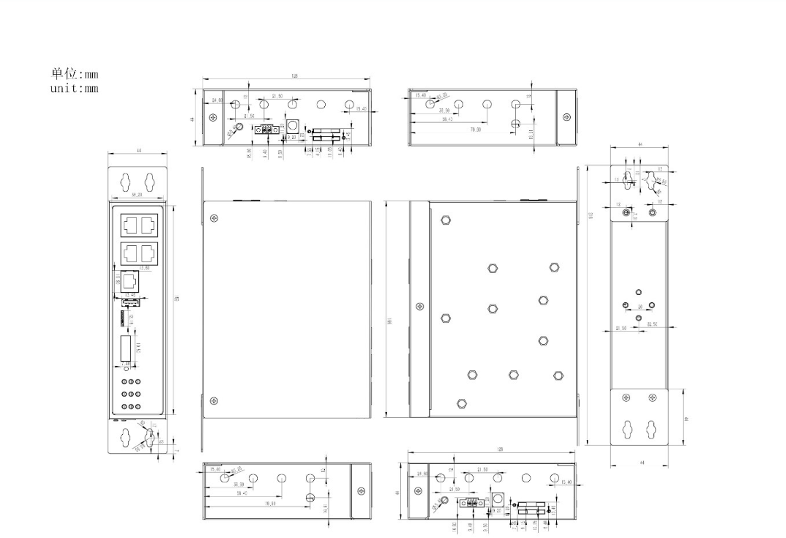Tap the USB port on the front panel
point(130,302)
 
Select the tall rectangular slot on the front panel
point(125,348)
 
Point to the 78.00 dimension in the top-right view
point(475,129)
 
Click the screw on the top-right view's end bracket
point(566,117)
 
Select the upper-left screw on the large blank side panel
point(214,217)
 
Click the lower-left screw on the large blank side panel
point(214,400)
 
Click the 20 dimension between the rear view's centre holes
point(640,307)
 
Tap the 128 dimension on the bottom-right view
point(499,449)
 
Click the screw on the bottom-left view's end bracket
point(360,490)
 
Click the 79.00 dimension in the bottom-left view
point(269,504)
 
